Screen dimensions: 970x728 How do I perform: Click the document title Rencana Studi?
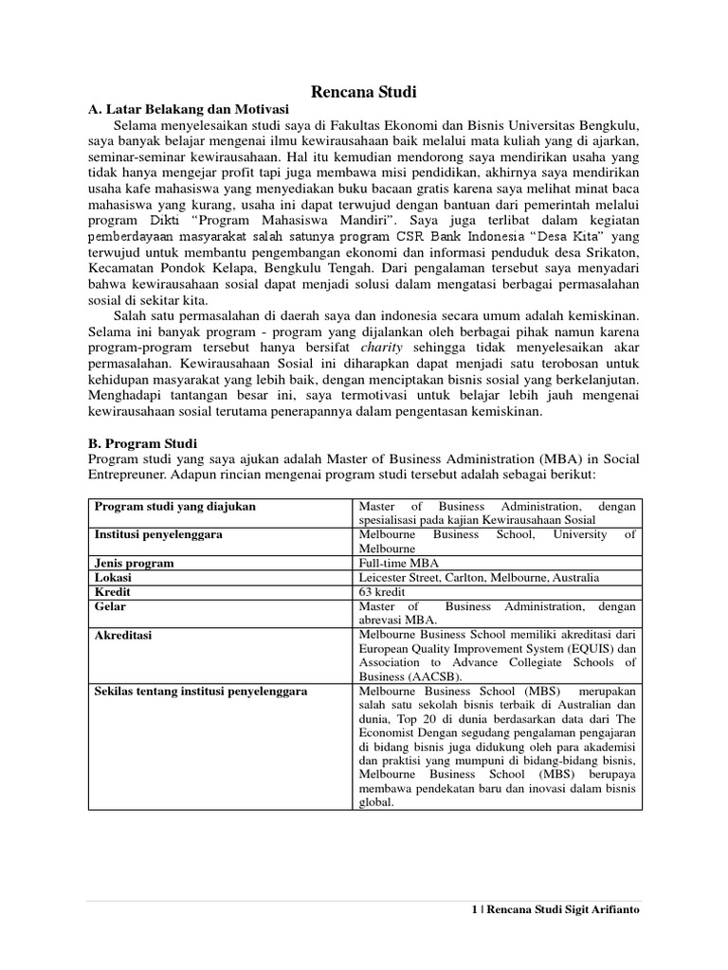(364, 92)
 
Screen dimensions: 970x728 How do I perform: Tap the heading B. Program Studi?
(140, 442)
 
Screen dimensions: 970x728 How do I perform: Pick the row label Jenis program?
(134, 563)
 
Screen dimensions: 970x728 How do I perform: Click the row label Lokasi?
(113, 577)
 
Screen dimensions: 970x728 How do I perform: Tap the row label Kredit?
(112, 591)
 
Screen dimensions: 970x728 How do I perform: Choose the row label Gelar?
(110, 605)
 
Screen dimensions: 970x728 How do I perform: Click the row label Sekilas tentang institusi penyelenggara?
(200, 691)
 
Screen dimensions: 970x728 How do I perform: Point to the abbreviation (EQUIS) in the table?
(572, 648)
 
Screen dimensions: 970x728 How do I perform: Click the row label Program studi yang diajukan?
(174, 506)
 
